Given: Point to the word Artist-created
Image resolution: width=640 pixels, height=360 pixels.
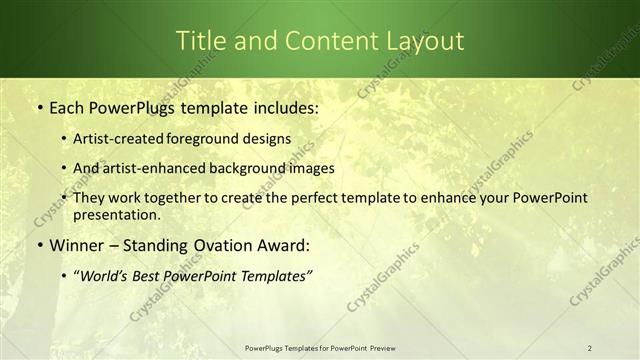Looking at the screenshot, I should (120, 139).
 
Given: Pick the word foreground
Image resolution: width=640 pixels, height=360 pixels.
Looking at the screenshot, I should (209, 139).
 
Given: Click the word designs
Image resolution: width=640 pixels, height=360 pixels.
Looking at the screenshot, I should (269, 139).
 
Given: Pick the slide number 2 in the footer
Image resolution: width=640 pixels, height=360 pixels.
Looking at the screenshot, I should (589, 348).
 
